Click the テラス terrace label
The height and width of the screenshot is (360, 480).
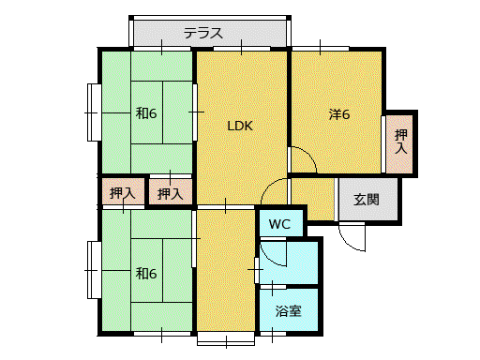[x=203, y=33]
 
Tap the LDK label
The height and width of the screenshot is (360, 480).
[x=240, y=126]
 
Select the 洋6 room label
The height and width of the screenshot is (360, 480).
[x=339, y=114]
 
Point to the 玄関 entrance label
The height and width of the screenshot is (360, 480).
[x=367, y=200]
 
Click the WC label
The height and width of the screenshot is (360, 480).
[x=279, y=224]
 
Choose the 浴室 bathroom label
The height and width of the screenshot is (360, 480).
[x=288, y=311]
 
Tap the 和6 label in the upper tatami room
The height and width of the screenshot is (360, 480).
[x=146, y=113]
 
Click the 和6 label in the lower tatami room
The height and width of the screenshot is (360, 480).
[x=146, y=274]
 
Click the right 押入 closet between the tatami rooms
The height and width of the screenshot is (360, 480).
[x=171, y=191]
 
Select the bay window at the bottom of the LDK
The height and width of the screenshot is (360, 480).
[x=226, y=338]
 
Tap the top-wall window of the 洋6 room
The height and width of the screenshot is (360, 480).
[x=321, y=49]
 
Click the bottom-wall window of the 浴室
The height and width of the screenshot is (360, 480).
[x=273, y=334]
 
